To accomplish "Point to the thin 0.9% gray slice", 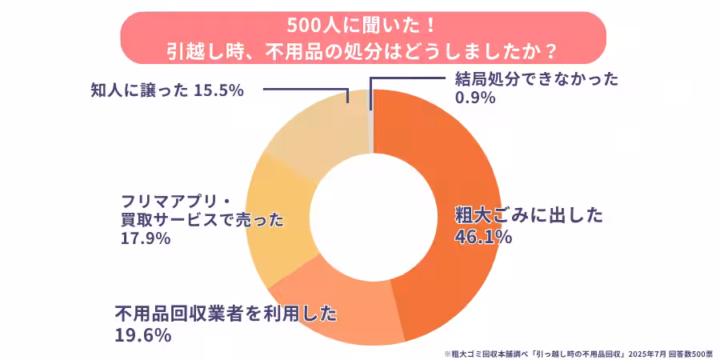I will [x=370, y=120].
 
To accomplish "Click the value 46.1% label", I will [x=482, y=237].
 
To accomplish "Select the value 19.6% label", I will [x=142, y=335].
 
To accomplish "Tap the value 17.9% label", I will [x=145, y=238].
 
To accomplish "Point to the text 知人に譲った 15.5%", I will [x=166, y=90].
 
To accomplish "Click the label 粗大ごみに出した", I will [x=529, y=214].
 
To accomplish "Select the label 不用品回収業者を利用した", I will [x=226, y=313].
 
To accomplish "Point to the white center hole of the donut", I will [x=372, y=216].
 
